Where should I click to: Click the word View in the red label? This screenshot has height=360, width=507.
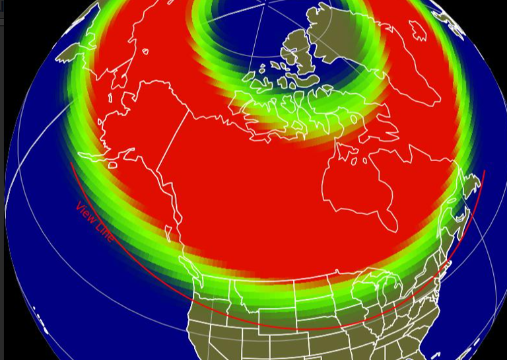pos(85,213)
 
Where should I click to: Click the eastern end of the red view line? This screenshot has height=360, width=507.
pos(485,171)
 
